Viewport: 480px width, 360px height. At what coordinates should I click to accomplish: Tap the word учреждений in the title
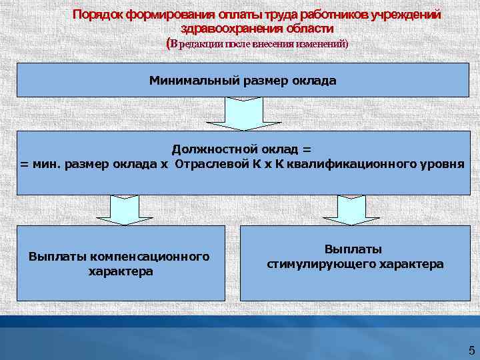pos(407,15)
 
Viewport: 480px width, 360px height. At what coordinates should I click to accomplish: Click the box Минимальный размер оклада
pos(243,81)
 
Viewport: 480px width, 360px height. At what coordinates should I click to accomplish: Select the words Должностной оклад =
pos(241,150)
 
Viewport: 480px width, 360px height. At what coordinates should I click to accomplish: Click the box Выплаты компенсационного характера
pos(121,263)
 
